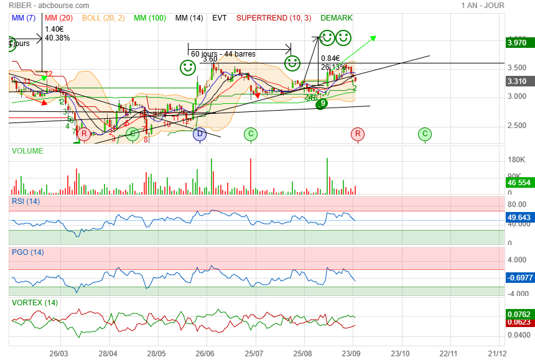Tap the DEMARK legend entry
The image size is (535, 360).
pyautogui.click(x=336, y=18)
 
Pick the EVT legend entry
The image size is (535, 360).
pyautogui.click(x=220, y=18)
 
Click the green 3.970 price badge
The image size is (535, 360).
pyautogui.click(x=517, y=43)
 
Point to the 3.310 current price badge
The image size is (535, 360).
pyautogui.click(x=517, y=81)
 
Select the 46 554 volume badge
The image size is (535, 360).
pyautogui.click(x=518, y=183)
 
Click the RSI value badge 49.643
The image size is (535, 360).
pyautogui.click(x=518, y=217)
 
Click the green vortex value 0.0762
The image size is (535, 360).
pyautogui.click(x=518, y=314)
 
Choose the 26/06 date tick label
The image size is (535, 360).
pyautogui.click(x=205, y=353)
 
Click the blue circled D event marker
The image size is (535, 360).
pyautogui.click(x=200, y=134)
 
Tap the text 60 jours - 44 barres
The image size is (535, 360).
pyautogui.click(x=223, y=54)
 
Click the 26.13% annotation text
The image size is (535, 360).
pyautogui.click(x=333, y=67)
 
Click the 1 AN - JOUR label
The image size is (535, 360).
pyautogui.click(x=483, y=5)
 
